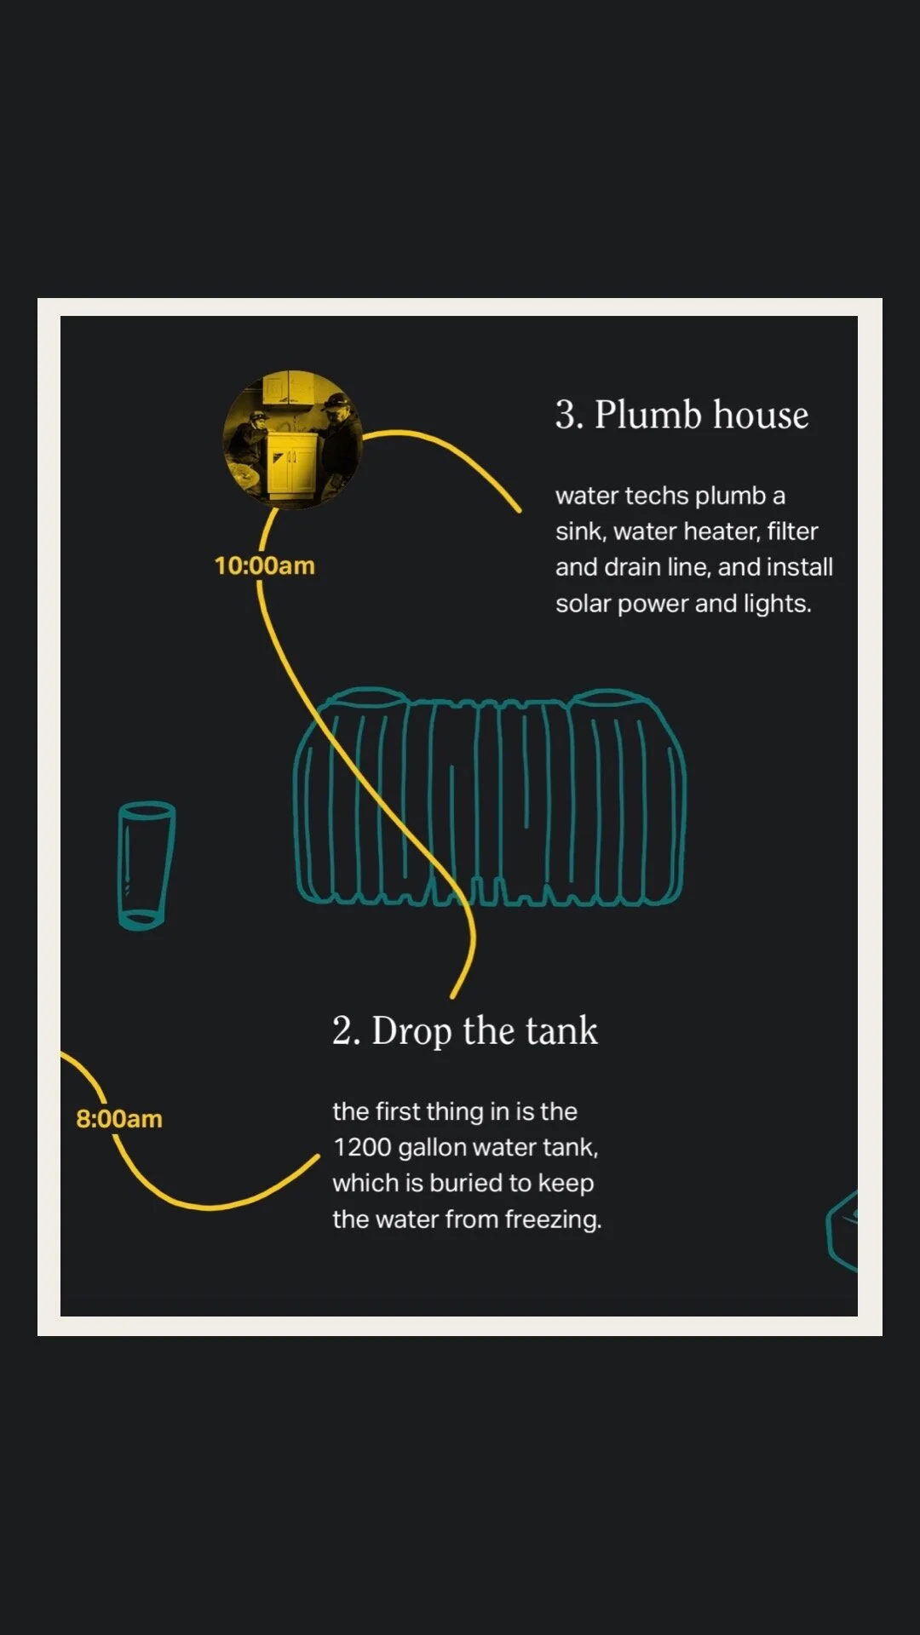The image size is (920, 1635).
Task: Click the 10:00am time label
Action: pyautogui.click(x=264, y=565)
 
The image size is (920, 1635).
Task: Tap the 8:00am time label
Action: pyautogui.click(x=119, y=1119)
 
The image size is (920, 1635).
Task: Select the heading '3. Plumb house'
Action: pyautogui.click(x=681, y=415)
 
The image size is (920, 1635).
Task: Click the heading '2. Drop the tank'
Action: pyautogui.click(x=465, y=1031)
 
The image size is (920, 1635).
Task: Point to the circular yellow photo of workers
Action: pyautogui.click(x=292, y=439)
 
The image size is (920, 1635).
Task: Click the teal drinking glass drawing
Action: pyautogui.click(x=146, y=865)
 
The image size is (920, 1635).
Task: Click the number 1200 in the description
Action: pyautogui.click(x=362, y=1148)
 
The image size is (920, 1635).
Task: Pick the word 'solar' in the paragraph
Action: pyautogui.click(x=583, y=604)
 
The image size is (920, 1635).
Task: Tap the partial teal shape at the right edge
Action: pyautogui.click(x=842, y=1231)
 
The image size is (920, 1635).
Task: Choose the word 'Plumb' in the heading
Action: pyautogui.click(x=649, y=415)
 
